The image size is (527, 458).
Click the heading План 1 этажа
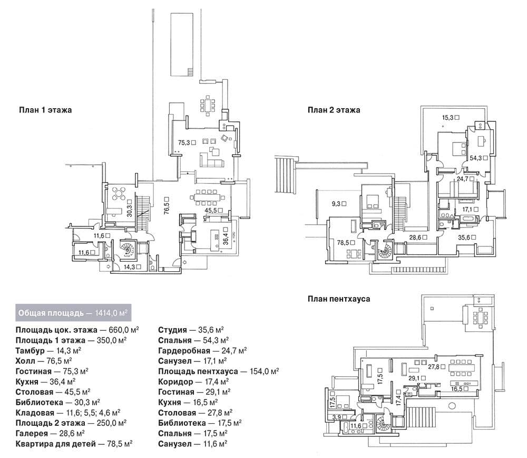coord(45,110)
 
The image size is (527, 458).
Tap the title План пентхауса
coord(339,299)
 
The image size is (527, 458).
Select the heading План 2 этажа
coord(334,110)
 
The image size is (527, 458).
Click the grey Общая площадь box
coord(73,313)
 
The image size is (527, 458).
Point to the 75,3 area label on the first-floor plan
coord(184,142)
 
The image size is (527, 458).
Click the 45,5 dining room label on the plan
coord(211,211)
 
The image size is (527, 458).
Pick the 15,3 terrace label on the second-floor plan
coord(447,118)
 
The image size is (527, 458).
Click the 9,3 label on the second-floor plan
coord(336,204)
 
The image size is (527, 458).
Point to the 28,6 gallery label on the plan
coord(415,237)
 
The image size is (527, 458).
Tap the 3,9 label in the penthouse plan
coord(336,417)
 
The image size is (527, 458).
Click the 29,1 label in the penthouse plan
coord(414,378)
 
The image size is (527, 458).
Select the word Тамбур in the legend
coord(30,351)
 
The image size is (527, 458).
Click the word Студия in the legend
coord(172,330)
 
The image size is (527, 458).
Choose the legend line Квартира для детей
coord(74,444)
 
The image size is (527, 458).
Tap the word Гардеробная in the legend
coord(184,351)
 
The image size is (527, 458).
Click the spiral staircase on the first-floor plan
coord(128,250)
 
